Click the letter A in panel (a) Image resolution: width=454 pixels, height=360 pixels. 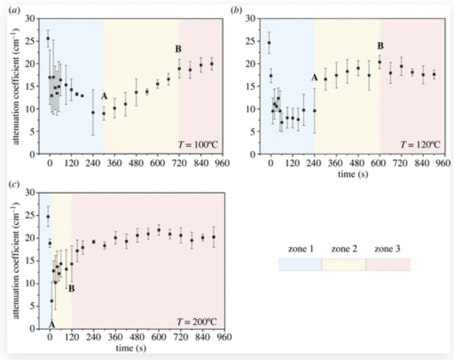[104, 96]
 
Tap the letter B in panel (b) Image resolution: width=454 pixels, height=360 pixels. [381, 46]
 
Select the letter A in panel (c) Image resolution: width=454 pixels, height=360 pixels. [51, 325]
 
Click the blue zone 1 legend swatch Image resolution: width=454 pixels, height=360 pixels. [300, 264]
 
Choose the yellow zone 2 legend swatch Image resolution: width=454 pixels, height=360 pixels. [343, 264]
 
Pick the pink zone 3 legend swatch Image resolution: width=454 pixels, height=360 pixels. [388, 264]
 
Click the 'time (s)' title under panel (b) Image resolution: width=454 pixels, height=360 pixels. [345, 175]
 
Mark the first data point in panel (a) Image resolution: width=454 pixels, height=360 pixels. [48, 39]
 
